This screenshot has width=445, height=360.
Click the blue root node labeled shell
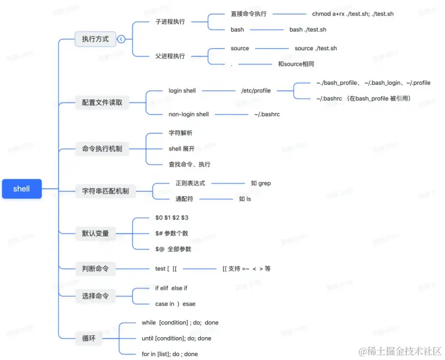[21, 189]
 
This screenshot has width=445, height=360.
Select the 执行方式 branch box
[95, 39]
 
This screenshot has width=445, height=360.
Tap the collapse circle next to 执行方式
[121, 39]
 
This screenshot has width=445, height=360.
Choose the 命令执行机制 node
[102, 149]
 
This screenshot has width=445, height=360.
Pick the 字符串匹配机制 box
[105, 190]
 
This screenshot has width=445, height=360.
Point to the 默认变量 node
[95, 233]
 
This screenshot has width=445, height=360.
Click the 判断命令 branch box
[95, 269]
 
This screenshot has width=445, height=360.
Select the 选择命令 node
[95, 295]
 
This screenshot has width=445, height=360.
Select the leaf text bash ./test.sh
[308, 30]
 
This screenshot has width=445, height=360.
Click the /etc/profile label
[256, 90]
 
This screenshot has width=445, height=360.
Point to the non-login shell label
[188, 115]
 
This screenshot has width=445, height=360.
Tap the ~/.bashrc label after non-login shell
[267, 115]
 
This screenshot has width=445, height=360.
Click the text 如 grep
[260, 183]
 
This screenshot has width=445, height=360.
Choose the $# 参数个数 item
[172, 233]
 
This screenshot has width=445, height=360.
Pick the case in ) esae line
[175, 304]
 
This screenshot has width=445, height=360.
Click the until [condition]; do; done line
[176, 338]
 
